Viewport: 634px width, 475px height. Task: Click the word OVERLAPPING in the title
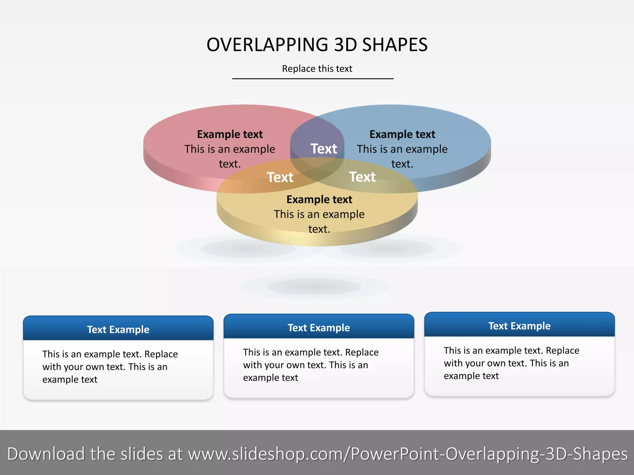tap(267, 45)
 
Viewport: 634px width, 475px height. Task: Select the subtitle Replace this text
tap(317, 69)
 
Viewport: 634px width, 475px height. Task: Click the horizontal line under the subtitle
tap(313, 79)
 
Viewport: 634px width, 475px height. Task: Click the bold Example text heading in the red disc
tap(230, 135)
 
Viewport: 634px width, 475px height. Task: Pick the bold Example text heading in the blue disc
tap(402, 135)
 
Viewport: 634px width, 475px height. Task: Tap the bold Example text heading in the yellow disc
tap(319, 200)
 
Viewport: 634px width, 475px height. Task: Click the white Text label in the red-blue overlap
tap(324, 149)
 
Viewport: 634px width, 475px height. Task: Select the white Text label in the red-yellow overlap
tap(280, 178)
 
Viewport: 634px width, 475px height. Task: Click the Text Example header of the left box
tap(118, 330)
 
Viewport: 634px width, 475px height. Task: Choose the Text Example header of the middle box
tap(319, 328)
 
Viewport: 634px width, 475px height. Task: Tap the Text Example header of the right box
tap(519, 326)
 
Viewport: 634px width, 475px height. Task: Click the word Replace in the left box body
tap(161, 354)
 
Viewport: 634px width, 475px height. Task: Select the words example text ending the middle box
tap(270, 378)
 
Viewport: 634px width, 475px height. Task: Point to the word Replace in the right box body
tap(562, 351)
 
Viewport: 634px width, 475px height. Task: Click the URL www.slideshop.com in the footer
tap(268, 454)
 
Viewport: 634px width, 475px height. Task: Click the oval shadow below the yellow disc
tap(313, 287)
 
